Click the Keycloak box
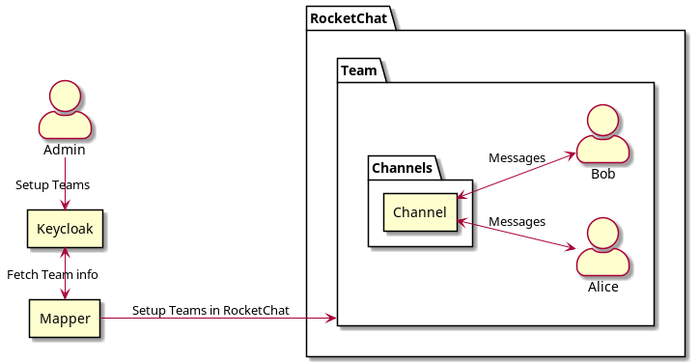65,229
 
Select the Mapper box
65,318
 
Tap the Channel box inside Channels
420,212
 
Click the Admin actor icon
65,110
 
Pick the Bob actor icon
602,134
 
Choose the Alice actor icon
602,246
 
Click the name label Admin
65,151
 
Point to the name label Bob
602,175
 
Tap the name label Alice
602,287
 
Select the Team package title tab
359,70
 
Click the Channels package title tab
402,168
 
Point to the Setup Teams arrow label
52,184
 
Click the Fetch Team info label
52,274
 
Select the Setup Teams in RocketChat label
210,310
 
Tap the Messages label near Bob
517,157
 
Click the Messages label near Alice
517,222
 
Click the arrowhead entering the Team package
331,318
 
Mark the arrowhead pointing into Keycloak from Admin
65,204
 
